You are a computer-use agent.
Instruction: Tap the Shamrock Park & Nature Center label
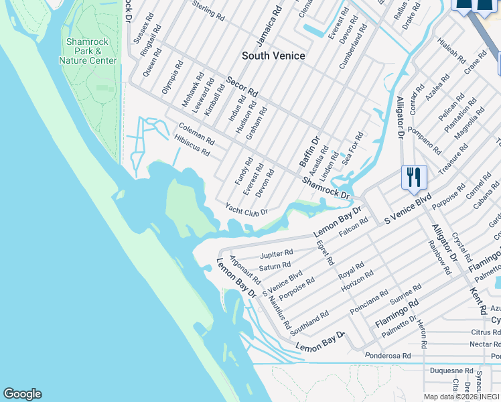tap(88, 51)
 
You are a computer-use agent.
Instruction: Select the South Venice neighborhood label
tap(273, 56)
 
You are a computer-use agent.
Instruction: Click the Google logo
tap(22, 394)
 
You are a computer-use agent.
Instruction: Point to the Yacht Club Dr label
tap(246, 210)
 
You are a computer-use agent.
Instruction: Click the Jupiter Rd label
tap(277, 254)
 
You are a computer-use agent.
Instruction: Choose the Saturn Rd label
tap(275, 266)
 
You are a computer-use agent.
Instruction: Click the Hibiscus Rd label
tap(192, 146)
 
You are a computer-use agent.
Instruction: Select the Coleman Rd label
tap(196, 134)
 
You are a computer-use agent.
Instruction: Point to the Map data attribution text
tap(461, 396)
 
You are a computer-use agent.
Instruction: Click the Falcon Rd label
tap(354, 227)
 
